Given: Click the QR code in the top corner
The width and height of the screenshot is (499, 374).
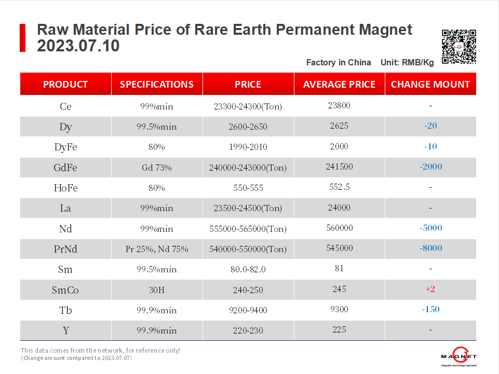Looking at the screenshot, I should click(x=458, y=47).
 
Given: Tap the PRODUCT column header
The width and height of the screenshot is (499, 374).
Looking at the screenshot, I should click(x=65, y=84).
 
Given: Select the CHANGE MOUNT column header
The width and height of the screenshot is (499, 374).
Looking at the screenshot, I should click(x=430, y=84).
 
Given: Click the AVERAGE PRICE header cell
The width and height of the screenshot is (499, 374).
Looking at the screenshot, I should click(x=339, y=84).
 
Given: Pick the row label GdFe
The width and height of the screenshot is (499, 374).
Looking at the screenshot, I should click(x=65, y=168).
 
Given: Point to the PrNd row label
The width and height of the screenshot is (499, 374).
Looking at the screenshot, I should click(x=65, y=249).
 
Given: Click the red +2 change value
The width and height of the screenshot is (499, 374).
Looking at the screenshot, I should click(x=430, y=289).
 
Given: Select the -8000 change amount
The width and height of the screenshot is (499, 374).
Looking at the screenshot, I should click(x=430, y=248).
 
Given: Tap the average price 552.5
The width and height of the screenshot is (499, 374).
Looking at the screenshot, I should click(x=340, y=187).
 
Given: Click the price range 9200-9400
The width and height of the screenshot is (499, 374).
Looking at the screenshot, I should click(x=248, y=310).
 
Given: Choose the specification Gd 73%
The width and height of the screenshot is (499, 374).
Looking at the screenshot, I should click(x=157, y=168).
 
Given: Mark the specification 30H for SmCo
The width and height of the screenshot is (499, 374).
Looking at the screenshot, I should click(x=157, y=290).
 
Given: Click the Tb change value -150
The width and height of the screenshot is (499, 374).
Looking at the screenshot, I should click(x=430, y=309).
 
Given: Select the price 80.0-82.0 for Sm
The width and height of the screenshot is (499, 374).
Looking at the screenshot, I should click(x=248, y=269).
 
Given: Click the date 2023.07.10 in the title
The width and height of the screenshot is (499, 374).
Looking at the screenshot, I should click(x=78, y=46).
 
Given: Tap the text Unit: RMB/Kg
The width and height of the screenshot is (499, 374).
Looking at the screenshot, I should click(x=407, y=62).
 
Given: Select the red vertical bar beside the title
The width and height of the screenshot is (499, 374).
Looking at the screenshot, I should click(x=22, y=37).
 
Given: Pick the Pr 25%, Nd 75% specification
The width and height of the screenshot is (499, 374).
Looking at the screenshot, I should click(x=157, y=249).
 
